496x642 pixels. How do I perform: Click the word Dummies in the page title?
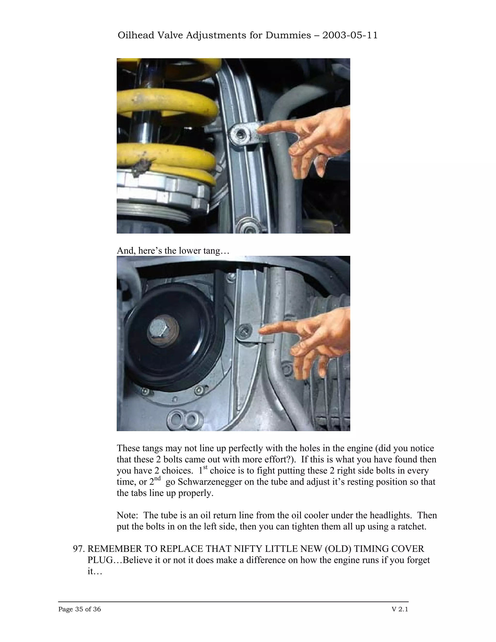pyautogui.click(x=288, y=35)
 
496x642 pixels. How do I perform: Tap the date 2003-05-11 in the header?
pyautogui.click(x=350, y=35)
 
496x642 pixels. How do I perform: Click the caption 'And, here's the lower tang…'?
pyautogui.click(x=173, y=251)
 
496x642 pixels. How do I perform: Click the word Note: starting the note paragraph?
pyautogui.click(x=127, y=515)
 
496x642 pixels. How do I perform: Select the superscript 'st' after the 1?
pyautogui.click(x=205, y=467)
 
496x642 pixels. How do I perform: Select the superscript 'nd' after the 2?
pyautogui.click(x=157, y=478)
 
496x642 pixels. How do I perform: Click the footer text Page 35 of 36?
pyautogui.click(x=79, y=609)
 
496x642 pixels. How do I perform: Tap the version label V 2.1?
pyautogui.click(x=400, y=609)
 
